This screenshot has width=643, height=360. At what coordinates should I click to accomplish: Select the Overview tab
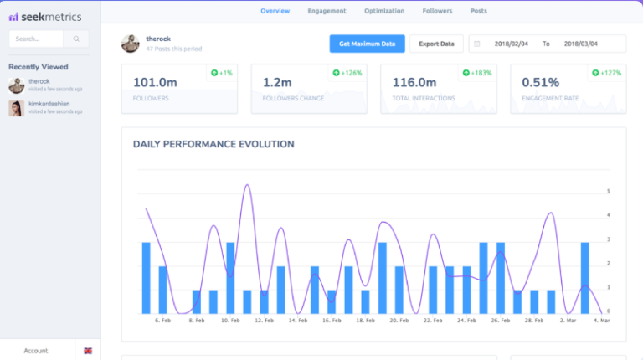tap(275, 11)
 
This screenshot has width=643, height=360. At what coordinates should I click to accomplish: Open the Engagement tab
tap(327, 11)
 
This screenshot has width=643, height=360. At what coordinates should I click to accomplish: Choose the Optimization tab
tap(383, 11)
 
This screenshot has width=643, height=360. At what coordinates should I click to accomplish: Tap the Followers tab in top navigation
tap(437, 11)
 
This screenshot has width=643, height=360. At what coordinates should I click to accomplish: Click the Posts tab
tap(479, 11)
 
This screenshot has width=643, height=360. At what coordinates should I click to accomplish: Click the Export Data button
tap(436, 44)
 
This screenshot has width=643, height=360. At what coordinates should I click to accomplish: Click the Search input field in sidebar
tap(36, 39)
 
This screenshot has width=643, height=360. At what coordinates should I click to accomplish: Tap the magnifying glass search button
tap(76, 39)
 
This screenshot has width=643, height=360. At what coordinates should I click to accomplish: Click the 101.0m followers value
tap(156, 82)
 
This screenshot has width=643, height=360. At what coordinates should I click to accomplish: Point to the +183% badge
tap(482, 73)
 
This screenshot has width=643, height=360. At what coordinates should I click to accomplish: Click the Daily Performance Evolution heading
tap(213, 144)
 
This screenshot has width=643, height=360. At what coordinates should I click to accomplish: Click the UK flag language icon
tap(88, 351)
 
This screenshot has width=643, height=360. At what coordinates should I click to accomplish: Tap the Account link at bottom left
tap(36, 351)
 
